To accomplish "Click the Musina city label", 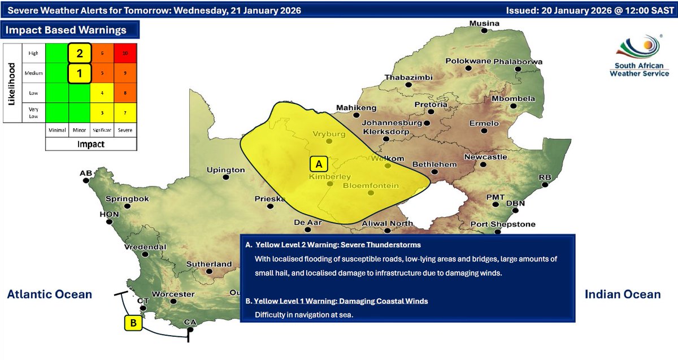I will [x=485, y=23].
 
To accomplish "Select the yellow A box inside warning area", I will [x=319, y=164].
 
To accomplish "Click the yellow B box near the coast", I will [x=133, y=323].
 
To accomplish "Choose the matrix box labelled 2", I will [x=80, y=53].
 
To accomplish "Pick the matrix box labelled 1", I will [x=80, y=72].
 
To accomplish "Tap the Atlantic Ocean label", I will [x=49, y=294].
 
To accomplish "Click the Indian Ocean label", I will [x=623, y=294].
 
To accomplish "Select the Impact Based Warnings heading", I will [x=66, y=30].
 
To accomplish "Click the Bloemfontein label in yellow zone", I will [x=371, y=185].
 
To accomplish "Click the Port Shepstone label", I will [x=503, y=224].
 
